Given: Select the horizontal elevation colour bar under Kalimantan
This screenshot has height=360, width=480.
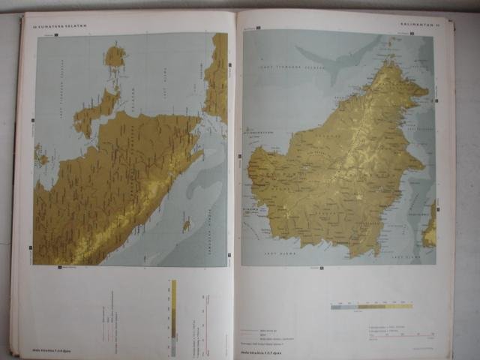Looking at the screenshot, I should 371,306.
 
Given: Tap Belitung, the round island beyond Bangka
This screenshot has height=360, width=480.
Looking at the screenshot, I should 115,55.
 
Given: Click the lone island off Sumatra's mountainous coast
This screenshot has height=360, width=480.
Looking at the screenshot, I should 186,223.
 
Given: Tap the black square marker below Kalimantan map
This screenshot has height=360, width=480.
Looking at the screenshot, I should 322,267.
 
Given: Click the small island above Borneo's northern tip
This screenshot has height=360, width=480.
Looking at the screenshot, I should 389,45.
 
